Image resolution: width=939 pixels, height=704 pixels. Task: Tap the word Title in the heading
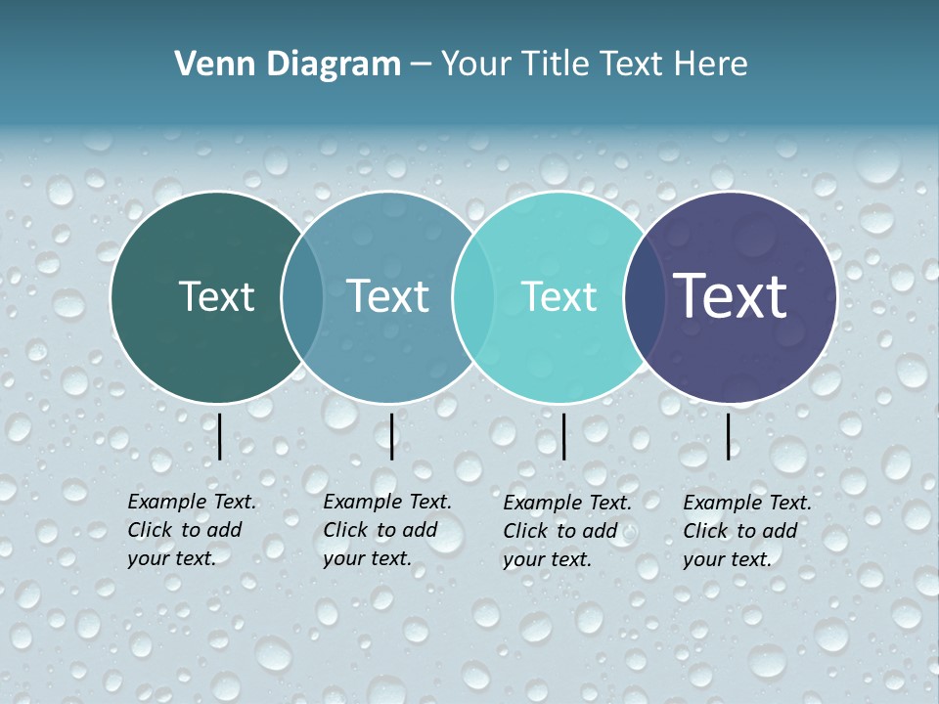tap(553, 65)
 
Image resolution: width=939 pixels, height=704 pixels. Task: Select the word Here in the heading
tap(712, 65)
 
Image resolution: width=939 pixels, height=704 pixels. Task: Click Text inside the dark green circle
tap(216, 296)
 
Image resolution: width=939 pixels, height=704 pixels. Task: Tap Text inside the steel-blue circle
tap(388, 296)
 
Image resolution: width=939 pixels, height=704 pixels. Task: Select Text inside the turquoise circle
tap(559, 296)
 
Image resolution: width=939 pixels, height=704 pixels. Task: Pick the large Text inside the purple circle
tap(731, 296)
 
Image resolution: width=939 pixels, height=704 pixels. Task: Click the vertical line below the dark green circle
tap(220, 436)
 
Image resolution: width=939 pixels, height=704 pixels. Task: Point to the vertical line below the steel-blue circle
tap(391, 436)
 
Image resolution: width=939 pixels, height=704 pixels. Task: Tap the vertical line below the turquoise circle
tap(563, 436)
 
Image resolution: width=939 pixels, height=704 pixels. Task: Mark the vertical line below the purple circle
tap(728, 436)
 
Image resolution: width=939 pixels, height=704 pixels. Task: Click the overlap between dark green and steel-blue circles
tap(302, 296)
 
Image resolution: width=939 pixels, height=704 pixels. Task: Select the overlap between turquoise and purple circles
tap(640, 296)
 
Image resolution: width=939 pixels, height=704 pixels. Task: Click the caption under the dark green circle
tap(191, 530)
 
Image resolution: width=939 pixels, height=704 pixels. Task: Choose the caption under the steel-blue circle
tap(386, 530)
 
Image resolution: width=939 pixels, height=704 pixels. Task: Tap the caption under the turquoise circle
tap(566, 531)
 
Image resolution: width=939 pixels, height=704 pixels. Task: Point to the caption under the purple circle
tap(746, 531)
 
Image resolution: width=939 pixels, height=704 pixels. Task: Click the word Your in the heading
tap(476, 65)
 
